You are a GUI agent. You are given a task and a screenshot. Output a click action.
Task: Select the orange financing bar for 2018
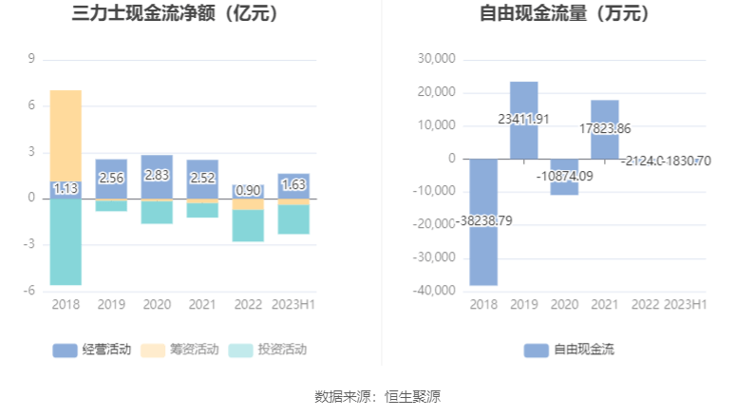point(66,135)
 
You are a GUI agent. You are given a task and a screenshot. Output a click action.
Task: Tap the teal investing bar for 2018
point(66,241)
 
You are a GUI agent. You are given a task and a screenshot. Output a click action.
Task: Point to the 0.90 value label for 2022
point(248,191)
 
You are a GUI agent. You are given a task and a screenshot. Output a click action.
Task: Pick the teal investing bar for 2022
point(248,226)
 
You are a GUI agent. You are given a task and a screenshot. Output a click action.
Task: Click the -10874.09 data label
point(564,176)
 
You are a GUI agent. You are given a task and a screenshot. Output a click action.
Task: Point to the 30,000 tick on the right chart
point(437,59)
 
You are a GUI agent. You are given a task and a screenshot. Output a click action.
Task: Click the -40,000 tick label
point(435,291)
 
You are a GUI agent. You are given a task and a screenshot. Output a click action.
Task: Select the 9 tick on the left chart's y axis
point(32,59)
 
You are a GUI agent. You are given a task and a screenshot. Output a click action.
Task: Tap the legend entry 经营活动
point(92,350)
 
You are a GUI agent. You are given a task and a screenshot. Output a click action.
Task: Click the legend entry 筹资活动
point(179,350)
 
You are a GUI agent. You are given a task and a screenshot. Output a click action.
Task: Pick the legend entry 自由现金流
point(569,350)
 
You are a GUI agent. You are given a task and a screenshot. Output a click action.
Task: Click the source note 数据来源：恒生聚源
point(377,396)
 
